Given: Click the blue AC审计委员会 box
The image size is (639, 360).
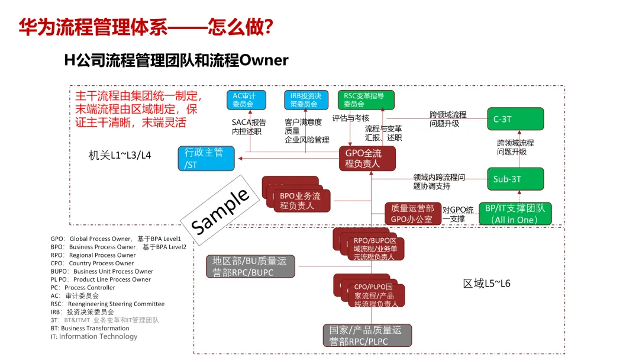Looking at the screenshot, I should [x=246, y=99].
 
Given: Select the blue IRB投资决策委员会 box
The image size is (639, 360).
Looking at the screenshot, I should [x=305, y=99].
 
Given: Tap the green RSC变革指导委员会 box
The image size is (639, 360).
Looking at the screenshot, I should [x=366, y=99].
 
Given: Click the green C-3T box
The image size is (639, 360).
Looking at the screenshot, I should [x=514, y=119].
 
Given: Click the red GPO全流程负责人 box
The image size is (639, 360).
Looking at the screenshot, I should [x=367, y=158].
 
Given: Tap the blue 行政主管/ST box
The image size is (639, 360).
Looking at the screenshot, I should [x=205, y=159].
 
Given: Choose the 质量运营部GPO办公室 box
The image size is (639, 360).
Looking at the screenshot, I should [x=412, y=214].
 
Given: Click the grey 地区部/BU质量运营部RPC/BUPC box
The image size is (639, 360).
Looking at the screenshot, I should [x=250, y=266].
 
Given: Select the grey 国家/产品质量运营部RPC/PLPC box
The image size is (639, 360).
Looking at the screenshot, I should [x=367, y=335].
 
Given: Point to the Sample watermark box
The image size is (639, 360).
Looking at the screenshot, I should [x=221, y=211].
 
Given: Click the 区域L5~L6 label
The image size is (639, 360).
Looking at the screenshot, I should [x=486, y=284].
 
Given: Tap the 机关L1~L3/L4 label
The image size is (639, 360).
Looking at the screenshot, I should [x=120, y=155].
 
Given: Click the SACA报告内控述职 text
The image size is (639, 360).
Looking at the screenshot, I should [x=248, y=127].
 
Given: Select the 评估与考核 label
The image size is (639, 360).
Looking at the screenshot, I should [x=350, y=118].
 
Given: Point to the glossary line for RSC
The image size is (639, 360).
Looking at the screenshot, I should [x=108, y=304].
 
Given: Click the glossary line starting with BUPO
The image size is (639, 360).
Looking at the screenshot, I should [x=102, y=271].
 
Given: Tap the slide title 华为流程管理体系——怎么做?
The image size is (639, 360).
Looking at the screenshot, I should [x=146, y=27].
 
